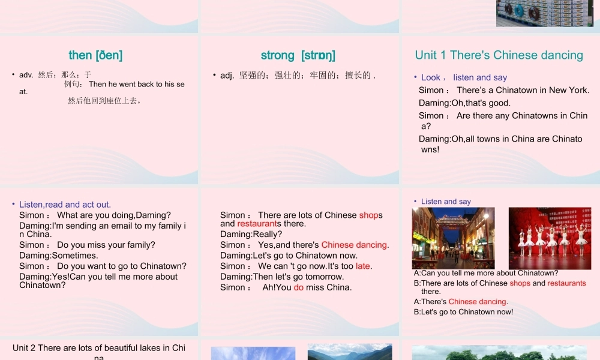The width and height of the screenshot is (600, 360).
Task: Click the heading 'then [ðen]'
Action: pyautogui.click(x=95, y=55)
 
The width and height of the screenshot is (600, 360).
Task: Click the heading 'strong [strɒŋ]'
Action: pyautogui.click(x=298, y=55)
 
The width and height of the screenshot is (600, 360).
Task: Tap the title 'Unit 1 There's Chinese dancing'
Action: pyautogui.click(x=499, y=55)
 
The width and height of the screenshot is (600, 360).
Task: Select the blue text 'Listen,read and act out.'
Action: pyautogui.click(x=65, y=205)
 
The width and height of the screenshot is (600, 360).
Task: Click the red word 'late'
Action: pyautogui.click(x=363, y=266)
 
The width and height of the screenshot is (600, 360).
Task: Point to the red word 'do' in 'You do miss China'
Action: pyautogui.click(x=298, y=287)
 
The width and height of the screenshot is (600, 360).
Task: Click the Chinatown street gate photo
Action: pyautogui.click(x=453, y=238)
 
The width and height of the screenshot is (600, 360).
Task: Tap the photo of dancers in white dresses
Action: pyautogui.click(x=550, y=238)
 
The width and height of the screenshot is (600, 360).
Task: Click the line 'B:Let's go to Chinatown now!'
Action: pyautogui.click(x=463, y=312)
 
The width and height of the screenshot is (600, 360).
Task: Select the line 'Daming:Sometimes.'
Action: pyautogui.click(x=58, y=256)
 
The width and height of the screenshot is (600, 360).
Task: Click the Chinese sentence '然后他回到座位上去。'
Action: pyautogui.click(x=105, y=101)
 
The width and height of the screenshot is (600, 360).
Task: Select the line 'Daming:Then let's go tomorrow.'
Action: pyautogui.click(x=282, y=277)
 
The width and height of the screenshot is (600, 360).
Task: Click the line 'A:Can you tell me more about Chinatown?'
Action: pyautogui.click(x=486, y=274)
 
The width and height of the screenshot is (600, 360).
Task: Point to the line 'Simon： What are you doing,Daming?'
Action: pyautogui.click(x=95, y=215)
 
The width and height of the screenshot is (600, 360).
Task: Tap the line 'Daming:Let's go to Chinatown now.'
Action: pyautogui.click(x=289, y=256)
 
